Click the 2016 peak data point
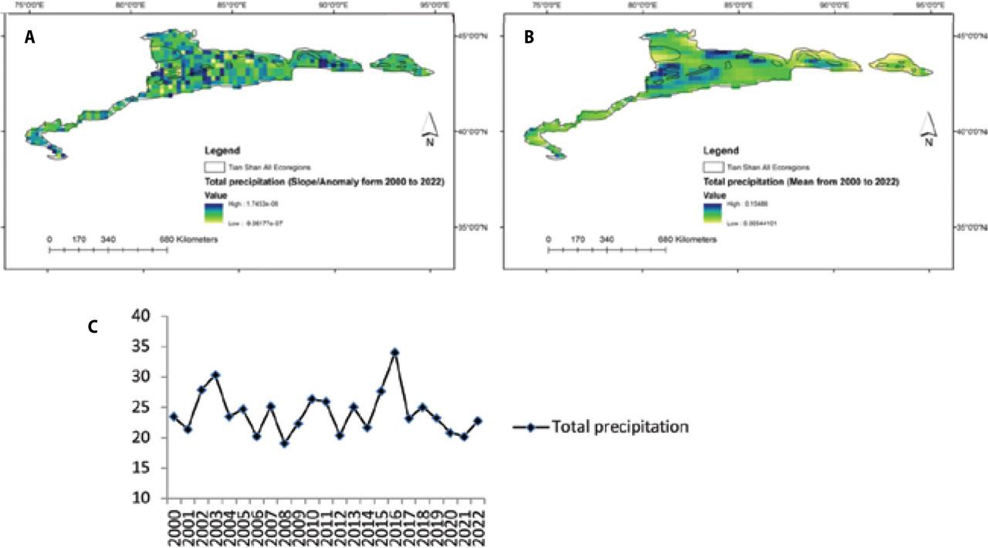395,352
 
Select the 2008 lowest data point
284,444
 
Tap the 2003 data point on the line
215,375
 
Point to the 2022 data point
479,421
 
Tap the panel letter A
30,39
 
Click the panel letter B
529,39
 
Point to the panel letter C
92,326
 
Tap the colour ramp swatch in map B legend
712,213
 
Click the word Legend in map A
222,151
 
